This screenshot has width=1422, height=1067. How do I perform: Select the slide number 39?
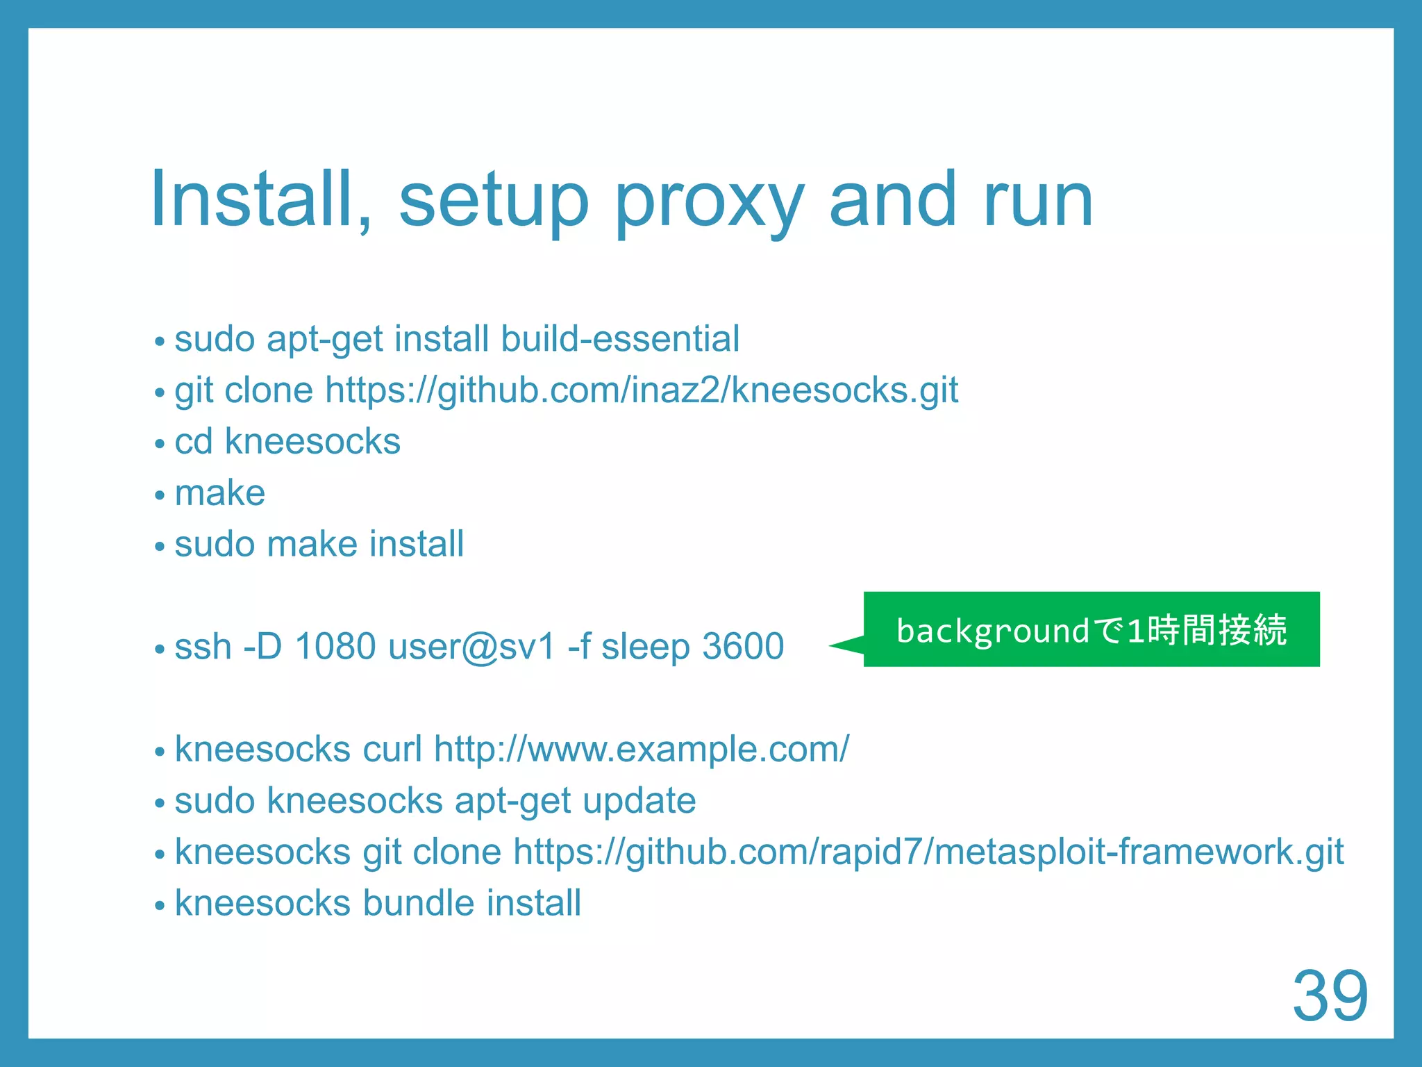1330,995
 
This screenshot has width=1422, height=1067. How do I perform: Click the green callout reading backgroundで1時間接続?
1091,630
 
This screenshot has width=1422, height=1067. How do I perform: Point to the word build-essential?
620,339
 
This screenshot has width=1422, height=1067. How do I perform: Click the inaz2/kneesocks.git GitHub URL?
642,390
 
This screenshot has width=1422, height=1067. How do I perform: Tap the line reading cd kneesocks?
287,442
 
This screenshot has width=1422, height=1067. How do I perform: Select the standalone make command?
220,493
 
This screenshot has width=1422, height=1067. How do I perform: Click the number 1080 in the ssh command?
335,646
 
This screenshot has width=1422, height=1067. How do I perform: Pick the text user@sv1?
472,647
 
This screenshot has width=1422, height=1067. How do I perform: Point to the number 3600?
743,646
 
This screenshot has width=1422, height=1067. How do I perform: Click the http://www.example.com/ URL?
641,749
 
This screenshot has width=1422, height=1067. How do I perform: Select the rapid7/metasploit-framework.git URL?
928,852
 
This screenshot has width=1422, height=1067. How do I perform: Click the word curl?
392,749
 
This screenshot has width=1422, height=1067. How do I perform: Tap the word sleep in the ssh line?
645,647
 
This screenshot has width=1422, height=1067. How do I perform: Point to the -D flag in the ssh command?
262,646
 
